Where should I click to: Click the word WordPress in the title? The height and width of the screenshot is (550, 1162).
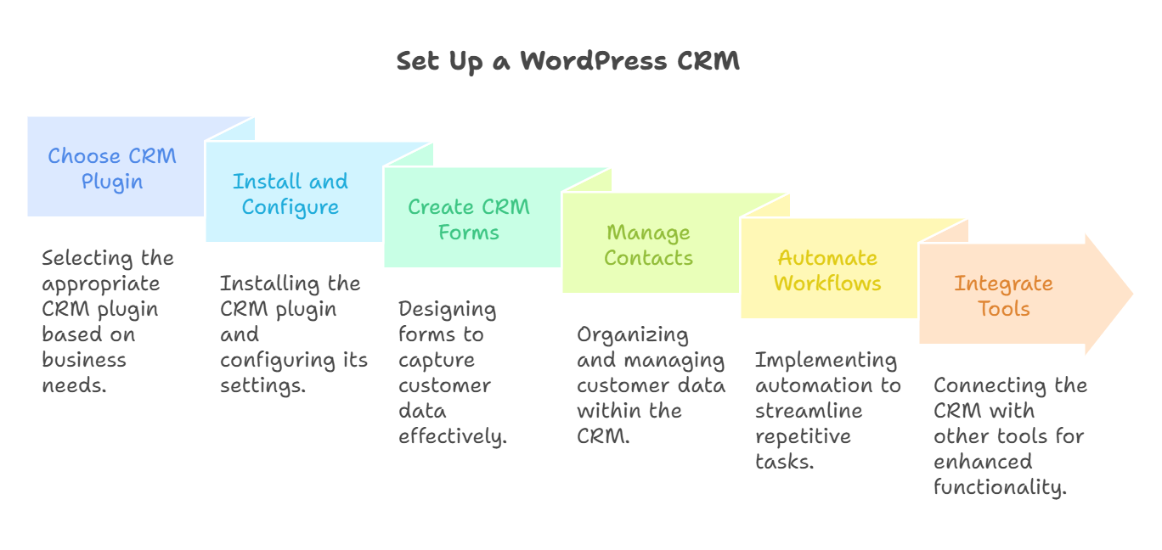594,60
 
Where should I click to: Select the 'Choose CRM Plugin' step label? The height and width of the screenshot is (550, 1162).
112,169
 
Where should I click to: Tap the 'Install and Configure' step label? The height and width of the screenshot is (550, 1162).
290,194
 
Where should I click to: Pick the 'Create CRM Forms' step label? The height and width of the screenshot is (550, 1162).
468,220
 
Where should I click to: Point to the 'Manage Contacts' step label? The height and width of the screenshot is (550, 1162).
648,245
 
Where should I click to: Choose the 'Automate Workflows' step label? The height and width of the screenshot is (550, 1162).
826,271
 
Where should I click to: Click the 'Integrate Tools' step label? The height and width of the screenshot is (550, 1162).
1004,296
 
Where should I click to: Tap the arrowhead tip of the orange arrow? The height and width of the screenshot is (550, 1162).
1133,294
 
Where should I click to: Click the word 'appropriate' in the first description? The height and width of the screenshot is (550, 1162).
100,284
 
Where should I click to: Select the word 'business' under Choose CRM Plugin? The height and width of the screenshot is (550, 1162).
84,360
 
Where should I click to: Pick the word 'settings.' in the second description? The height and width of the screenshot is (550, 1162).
263,385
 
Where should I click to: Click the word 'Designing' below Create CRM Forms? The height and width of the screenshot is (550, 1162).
447,310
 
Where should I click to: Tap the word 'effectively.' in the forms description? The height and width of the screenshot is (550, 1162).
453,436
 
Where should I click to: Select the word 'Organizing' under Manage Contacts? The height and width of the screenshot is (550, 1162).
632,335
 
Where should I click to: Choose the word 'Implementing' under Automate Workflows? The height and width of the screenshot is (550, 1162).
826,360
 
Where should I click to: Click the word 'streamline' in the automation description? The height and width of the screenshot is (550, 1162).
809,411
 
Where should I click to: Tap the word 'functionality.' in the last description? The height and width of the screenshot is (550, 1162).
1000,487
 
